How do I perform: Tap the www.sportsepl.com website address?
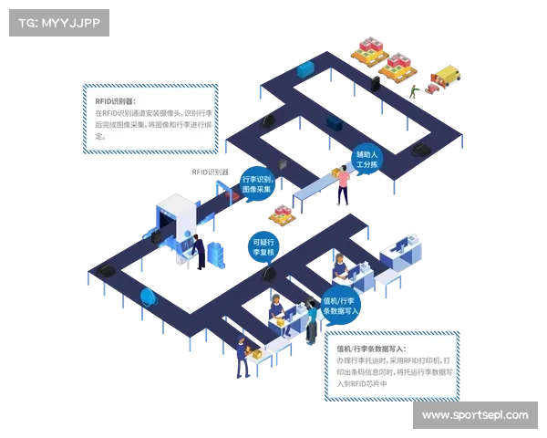click(475, 415)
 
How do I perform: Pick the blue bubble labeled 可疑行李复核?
click(265, 246)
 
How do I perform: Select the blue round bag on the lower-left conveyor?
click(148, 297)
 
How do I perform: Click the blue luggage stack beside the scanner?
click(215, 251)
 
